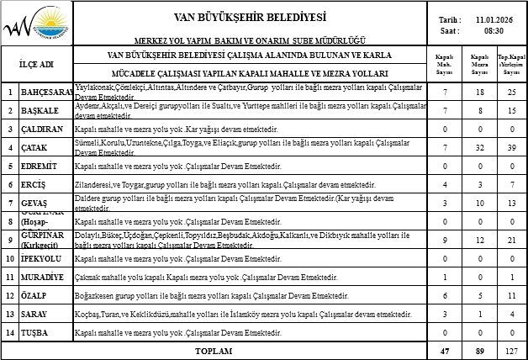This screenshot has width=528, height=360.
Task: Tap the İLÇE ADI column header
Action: pos(36,64)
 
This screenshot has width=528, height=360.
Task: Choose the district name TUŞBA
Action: pos(35,333)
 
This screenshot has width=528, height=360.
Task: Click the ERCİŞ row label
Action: pos(34,184)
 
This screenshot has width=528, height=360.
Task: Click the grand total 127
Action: pos(511,349)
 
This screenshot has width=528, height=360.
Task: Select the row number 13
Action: pos(9,315)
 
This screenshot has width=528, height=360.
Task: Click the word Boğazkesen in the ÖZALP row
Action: pos(96,296)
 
